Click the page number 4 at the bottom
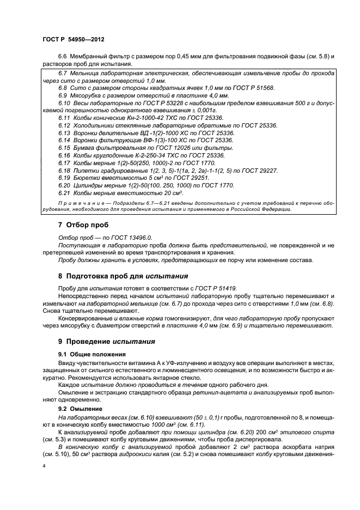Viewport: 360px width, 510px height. (x=44, y=466)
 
